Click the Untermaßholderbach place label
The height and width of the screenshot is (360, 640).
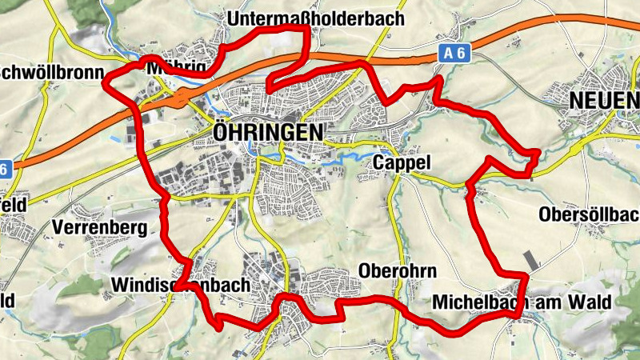coord(316,18)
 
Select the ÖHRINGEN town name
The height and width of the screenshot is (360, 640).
coord(268,131)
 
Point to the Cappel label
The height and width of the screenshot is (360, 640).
coord(402,163)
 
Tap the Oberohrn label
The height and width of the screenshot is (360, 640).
coord(398,270)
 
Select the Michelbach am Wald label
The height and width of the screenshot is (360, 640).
coord(521,302)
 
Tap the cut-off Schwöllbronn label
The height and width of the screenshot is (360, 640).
coord(53,73)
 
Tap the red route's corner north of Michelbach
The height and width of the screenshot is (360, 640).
coord(525,276)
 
